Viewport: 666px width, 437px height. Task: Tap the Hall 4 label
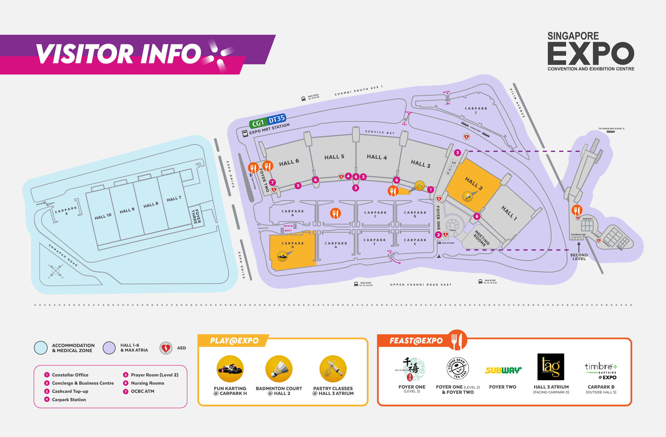pos(377,157)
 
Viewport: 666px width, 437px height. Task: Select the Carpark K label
pos(66,210)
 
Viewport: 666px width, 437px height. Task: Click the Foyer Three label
pos(196,216)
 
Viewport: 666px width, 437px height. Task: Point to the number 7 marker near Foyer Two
pos(272,182)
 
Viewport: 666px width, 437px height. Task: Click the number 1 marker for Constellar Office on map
pos(430,190)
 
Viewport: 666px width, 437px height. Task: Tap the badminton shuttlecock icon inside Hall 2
pos(467,196)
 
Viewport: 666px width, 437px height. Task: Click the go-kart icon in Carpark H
pos(282,256)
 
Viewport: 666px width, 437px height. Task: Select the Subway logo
pos(503,370)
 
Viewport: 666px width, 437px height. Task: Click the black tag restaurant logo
pos(551,367)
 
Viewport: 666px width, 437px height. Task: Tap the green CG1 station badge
pos(258,123)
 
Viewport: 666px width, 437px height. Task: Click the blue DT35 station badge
pos(276,119)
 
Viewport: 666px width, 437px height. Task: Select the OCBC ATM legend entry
pos(142,391)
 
